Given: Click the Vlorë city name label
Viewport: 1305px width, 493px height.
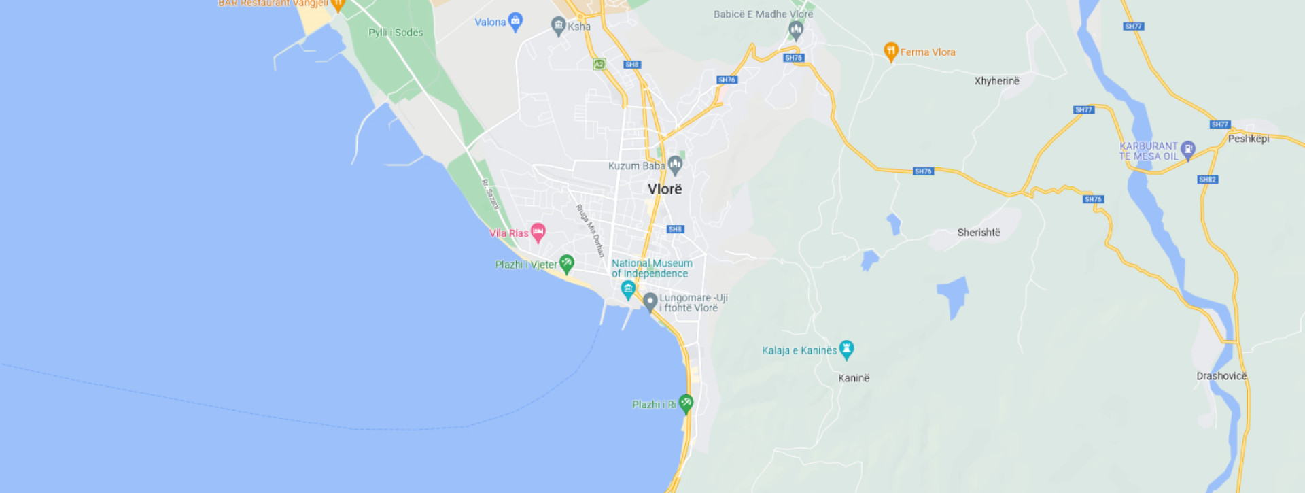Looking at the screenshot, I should (664, 189).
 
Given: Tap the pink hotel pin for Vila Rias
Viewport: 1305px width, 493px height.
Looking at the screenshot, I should (538, 233).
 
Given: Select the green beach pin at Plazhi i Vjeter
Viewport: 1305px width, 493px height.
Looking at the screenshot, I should (566, 263).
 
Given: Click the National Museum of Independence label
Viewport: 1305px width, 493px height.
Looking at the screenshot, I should (651, 268).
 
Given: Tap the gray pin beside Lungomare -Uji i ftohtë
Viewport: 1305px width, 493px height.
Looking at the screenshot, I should (650, 301).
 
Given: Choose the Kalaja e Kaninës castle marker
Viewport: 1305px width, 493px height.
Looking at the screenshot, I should (846, 350).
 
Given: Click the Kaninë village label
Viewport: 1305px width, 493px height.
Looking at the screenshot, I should (853, 378).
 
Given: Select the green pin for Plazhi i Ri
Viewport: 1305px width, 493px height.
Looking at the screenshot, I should (686, 404).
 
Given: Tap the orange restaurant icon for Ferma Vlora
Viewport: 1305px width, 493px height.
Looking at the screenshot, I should (890, 51).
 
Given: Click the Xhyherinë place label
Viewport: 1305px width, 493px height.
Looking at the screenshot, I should (996, 81).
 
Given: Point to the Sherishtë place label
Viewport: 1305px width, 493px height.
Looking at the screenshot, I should (978, 233).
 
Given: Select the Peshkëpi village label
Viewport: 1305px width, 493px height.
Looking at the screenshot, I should (1248, 139).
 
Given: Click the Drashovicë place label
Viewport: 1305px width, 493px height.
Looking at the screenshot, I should (1221, 376).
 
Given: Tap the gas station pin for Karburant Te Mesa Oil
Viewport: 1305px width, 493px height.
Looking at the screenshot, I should (1187, 150).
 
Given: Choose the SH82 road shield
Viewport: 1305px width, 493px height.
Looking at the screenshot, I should (1207, 180).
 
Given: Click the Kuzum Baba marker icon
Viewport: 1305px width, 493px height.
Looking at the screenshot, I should (675, 164).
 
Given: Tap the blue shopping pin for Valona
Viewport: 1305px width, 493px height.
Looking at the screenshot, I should (515, 21).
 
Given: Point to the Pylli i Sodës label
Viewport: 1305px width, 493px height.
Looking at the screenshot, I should (395, 33).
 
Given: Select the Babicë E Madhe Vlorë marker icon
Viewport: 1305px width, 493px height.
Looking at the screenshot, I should (795, 29).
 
